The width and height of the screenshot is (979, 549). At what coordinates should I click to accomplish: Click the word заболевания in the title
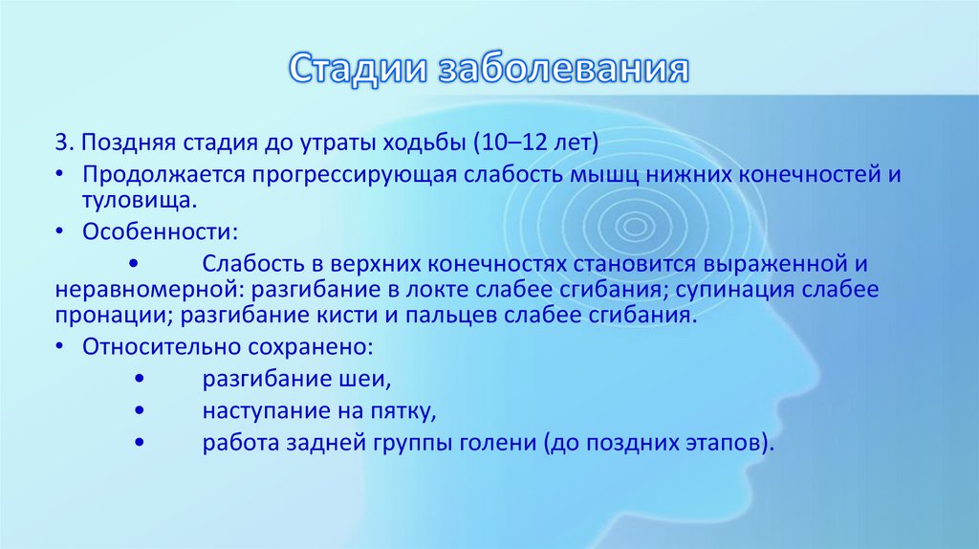[562, 70]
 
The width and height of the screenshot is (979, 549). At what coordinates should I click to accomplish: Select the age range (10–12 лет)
[535, 143]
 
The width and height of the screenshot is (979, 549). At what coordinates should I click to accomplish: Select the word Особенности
[154, 231]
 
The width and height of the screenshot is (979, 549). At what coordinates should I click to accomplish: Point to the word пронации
[106, 315]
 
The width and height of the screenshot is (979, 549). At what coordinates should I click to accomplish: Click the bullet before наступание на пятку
[141, 411]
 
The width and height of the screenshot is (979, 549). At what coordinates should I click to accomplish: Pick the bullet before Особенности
[60, 232]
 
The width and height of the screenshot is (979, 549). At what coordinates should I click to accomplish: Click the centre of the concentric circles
[632, 227]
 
